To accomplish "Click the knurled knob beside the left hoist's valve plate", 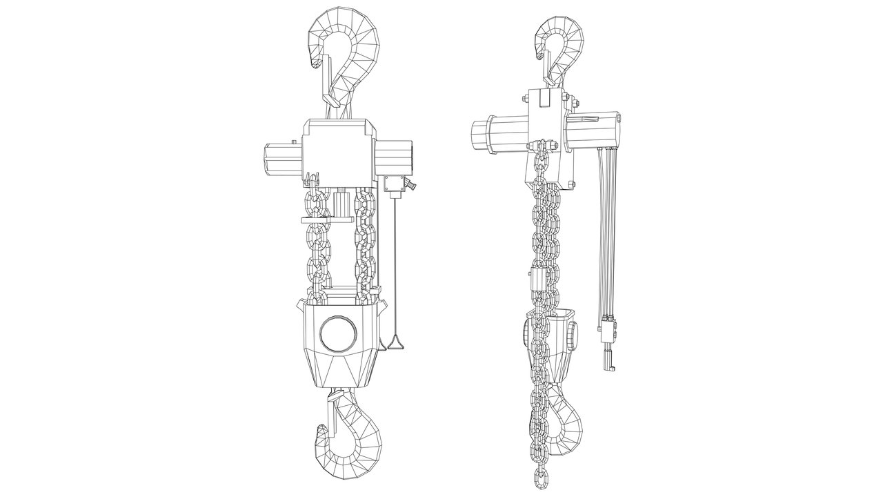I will tap(411, 185).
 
